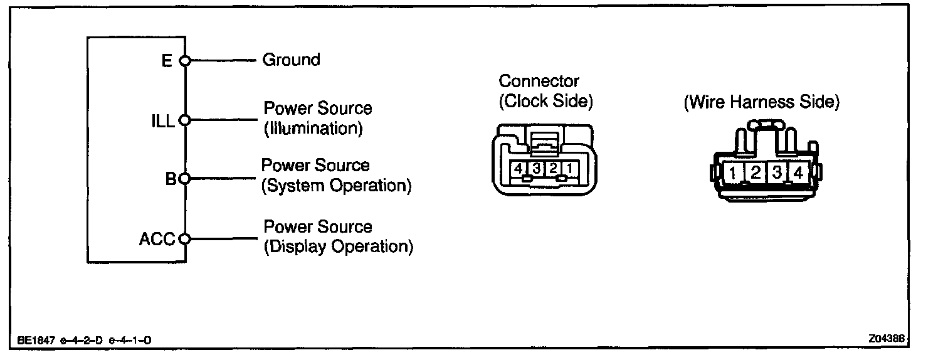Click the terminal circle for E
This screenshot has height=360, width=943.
[184, 61]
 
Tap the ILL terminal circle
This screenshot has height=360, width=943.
[184, 119]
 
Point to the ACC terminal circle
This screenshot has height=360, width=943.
[184, 239]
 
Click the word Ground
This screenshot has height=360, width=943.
[291, 60]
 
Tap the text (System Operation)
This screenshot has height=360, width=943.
[336, 186]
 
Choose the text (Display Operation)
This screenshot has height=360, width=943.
[339, 246]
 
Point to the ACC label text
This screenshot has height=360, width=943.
[157, 240]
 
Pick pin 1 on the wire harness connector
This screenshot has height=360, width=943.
[732, 172]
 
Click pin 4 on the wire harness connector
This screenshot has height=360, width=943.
[798, 172]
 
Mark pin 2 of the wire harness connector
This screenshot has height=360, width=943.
[756, 172]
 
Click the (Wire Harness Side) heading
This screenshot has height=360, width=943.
[761, 102]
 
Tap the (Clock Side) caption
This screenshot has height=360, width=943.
[545, 100]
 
